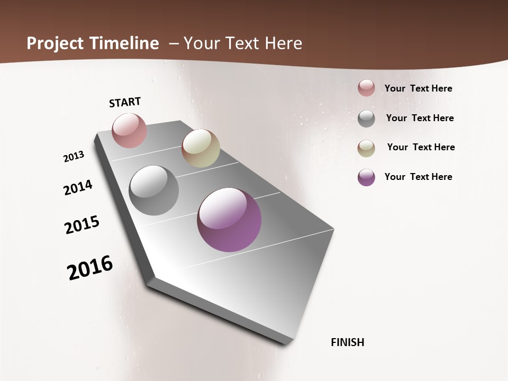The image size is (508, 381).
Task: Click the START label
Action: pyautogui.click(x=125, y=102)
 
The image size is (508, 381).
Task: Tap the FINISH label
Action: pyautogui.click(x=348, y=342)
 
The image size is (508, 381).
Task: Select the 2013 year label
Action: pyautogui.click(x=74, y=157)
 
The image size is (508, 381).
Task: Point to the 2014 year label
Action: pyautogui.click(x=78, y=187)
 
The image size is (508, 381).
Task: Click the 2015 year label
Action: pyautogui.click(x=82, y=225)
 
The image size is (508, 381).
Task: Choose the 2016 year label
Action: pyautogui.click(x=90, y=267)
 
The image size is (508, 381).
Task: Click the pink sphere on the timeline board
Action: pyautogui.click(x=129, y=130)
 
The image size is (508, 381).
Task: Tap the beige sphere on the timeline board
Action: pyautogui.click(x=201, y=148)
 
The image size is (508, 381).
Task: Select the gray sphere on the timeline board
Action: pyautogui.click(x=153, y=190)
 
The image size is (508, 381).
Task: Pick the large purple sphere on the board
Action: pyautogui.click(x=229, y=220)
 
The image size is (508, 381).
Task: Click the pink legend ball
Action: pyautogui.click(x=366, y=88)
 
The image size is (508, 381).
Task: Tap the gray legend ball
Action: pyautogui.click(x=366, y=119)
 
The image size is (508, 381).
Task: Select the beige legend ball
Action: pyautogui.click(x=366, y=148)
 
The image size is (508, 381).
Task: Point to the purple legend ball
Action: pyautogui.click(x=366, y=177)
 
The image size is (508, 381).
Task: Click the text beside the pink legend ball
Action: pyautogui.click(x=418, y=88)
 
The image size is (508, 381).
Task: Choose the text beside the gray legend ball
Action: pyautogui.click(x=420, y=118)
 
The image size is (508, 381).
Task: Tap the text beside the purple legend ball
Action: pyautogui.click(x=418, y=177)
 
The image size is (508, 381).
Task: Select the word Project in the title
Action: pyautogui.click(x=54, y=43)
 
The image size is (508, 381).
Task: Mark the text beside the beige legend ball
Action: pyautogui.click(x=421, y=147)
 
